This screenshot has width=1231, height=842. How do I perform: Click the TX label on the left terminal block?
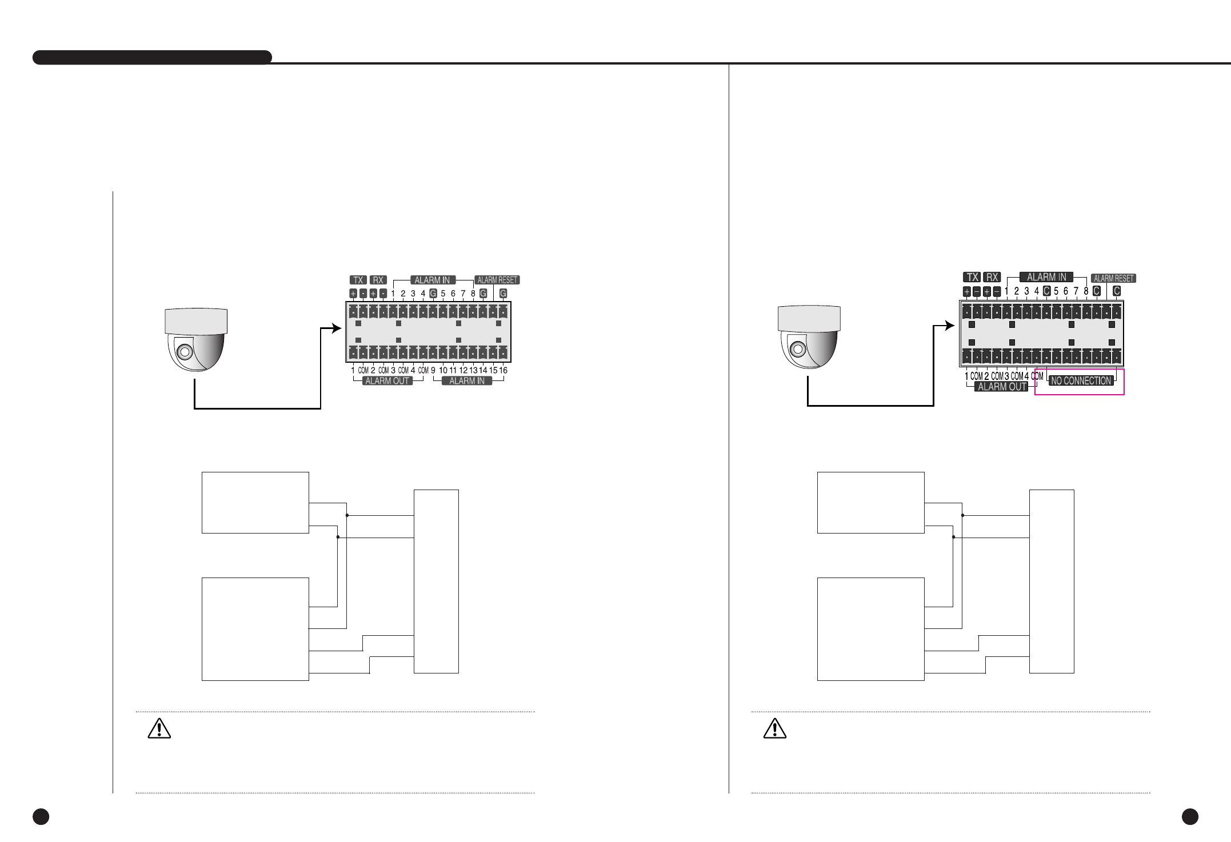(358, 280)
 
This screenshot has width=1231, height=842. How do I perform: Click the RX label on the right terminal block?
(993, 277)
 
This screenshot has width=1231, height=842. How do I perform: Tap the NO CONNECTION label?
(1081, 381)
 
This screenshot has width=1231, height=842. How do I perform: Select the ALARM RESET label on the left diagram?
(497, 280)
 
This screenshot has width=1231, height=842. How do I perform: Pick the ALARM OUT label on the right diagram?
(1002, 387)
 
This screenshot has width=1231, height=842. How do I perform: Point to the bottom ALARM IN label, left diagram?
(467, 381)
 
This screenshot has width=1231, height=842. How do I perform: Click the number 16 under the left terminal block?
(503, 370)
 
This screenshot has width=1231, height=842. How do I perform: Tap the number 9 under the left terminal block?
(433, 370)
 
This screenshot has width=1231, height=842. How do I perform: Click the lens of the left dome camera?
(184, 351)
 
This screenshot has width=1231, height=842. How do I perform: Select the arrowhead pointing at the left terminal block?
(337, 328)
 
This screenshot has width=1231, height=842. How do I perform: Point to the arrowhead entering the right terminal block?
(950, 326)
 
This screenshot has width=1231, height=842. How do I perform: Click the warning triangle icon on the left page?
(159, 729)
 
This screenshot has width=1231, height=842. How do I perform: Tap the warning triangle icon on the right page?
(774, 729)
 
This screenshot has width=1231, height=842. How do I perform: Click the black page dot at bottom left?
(41, 817)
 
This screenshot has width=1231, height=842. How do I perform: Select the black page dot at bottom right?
(1190, 817)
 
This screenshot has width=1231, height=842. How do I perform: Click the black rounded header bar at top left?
(152, 58)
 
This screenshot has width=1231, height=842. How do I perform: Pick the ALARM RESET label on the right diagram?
(1113, 278)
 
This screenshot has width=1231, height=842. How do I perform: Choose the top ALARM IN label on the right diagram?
(1046, 277)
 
